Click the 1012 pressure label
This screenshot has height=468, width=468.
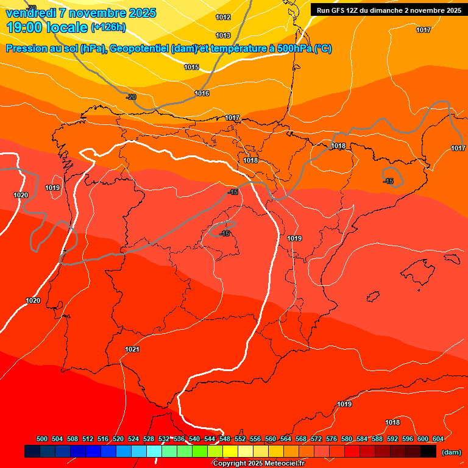coord(223,17)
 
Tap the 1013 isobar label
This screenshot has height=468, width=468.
coord(223,35)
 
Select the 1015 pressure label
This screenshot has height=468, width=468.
coord(191,67)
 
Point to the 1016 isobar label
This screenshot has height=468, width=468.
coord(202,93)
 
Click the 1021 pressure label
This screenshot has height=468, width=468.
coord(132,349)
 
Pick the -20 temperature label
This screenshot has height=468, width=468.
coord(131,97)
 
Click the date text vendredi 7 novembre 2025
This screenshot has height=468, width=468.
coord(80,13)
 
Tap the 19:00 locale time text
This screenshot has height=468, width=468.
coord(47,27)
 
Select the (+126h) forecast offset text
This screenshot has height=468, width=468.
coord(108,27)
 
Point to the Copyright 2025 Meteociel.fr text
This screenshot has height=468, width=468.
coord(258,464)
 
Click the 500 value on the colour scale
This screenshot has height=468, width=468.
coord(42,439)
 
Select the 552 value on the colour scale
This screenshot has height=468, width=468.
coord(240,439)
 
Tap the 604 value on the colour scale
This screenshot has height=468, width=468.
coord(438,439)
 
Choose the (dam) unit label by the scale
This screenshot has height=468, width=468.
coord(451,452)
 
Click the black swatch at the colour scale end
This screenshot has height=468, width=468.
coord(428,452)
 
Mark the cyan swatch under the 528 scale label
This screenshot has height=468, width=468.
coord(154,452)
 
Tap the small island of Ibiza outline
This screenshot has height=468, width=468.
coord(372,297)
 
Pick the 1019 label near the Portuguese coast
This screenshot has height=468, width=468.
coord(52,188)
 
